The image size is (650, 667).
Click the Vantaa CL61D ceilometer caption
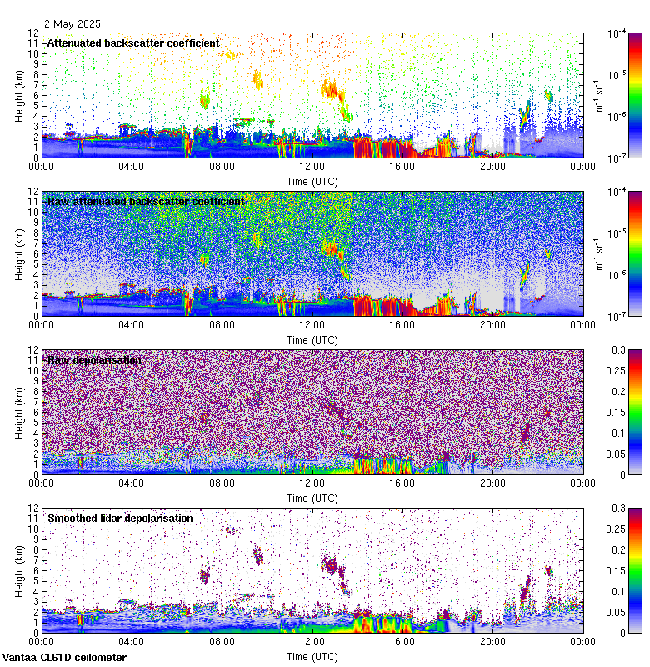pos(64,658)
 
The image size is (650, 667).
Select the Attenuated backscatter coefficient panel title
pos(133,43)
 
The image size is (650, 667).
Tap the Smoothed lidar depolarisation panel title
pos(120,518)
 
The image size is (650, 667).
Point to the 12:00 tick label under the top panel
pos(312,166)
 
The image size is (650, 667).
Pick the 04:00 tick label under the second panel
pos(132,324)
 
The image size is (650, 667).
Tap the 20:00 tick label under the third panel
pos(492,483)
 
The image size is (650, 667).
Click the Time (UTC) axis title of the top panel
pos(312,180)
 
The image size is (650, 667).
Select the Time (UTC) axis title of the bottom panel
pos(312,656)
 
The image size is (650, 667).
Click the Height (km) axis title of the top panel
pos(19,95)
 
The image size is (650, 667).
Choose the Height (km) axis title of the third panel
pos(19,412)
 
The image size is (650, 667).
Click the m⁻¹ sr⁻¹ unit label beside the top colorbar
pos(597,95)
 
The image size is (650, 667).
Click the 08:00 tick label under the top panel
pos(222,166)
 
